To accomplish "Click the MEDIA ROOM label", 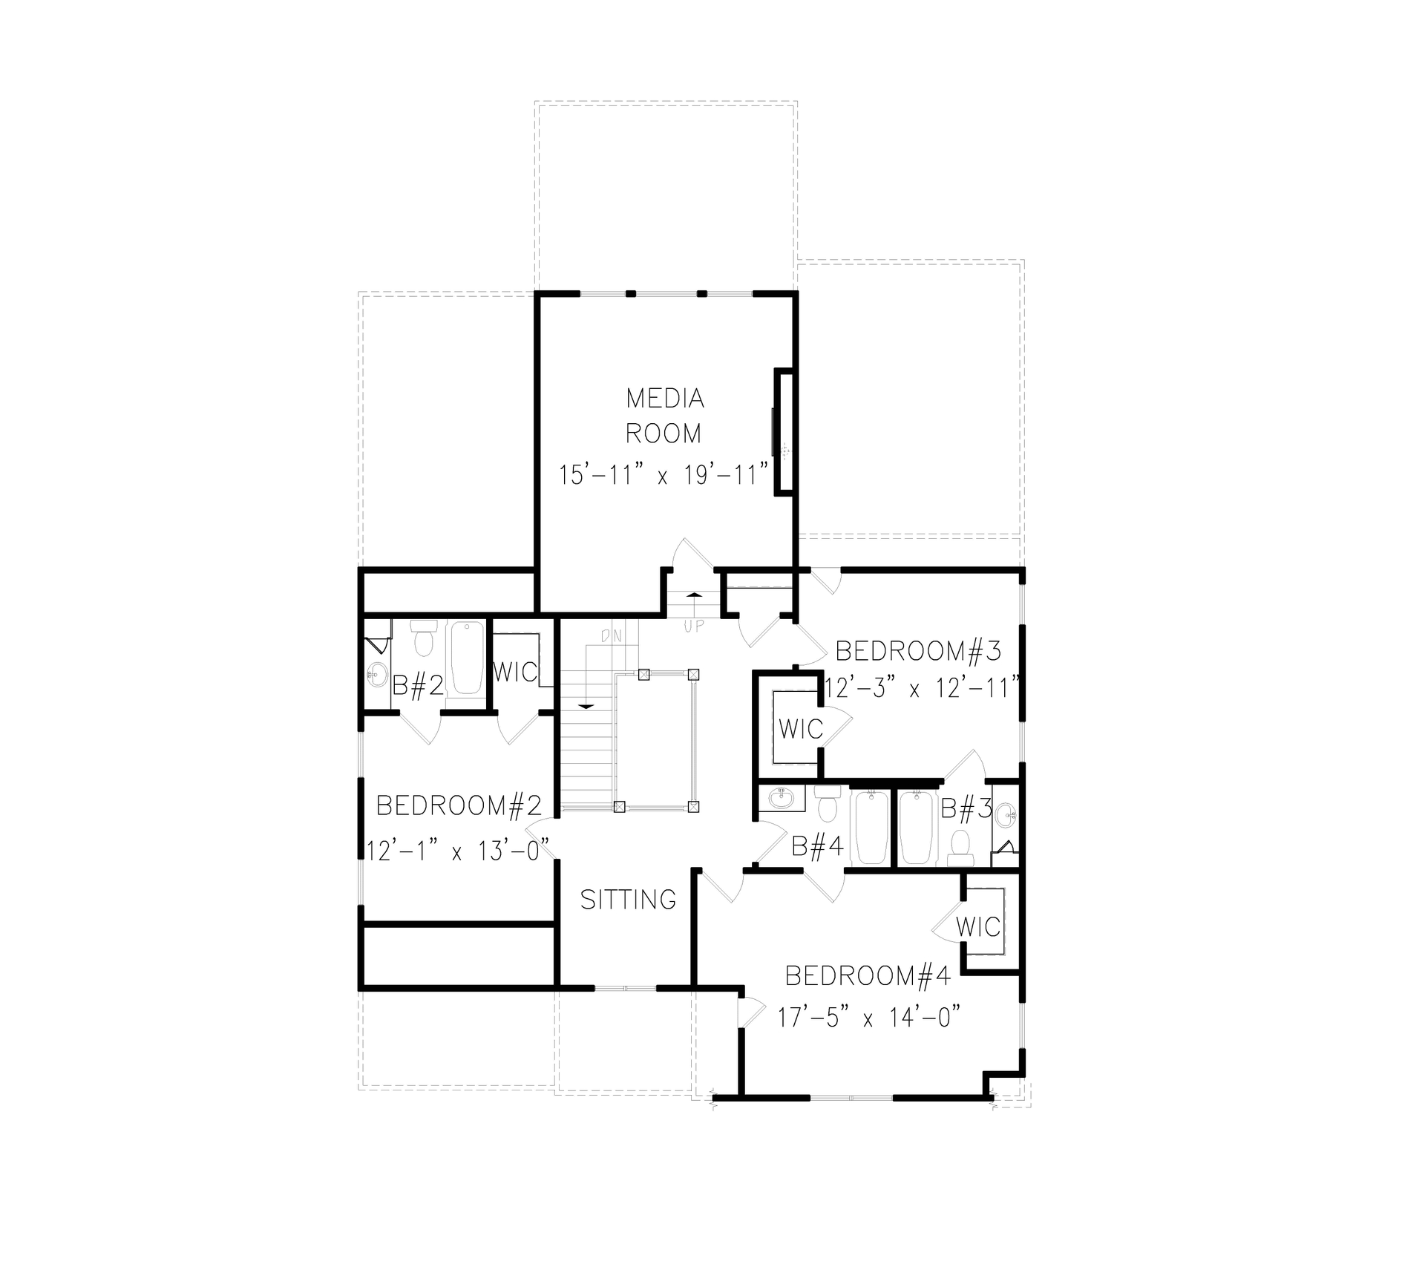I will tap(664, 416).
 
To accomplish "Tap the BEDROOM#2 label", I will tap(459, 805).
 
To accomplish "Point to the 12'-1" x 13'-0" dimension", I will tap(458, 849).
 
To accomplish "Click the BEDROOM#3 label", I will tap(918, 651).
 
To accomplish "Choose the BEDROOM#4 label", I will tap(868, 976).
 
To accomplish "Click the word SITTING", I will tap(628, 900).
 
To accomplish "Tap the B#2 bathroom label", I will tap(418, 685).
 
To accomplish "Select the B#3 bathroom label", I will tap(966, 808).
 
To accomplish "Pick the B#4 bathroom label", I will tap(817, 846).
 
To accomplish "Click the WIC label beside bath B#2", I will tap(514, 673).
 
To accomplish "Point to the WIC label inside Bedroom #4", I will tap(977, 926).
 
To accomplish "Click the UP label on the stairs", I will tap(693, 626).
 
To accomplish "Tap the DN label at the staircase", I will tap(611, 635).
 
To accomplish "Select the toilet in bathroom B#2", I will tap(424, 641).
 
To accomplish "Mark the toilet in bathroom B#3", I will tap(960, 848).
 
